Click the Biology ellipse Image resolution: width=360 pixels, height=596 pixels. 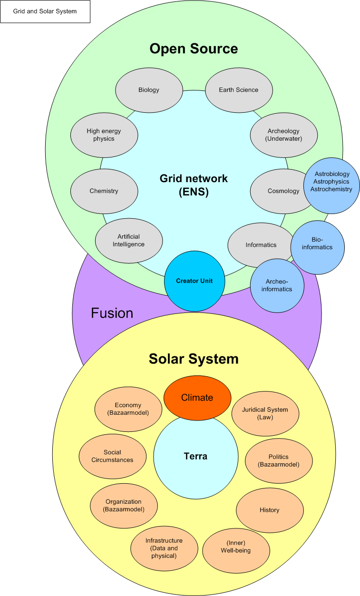click(x=149, y=90)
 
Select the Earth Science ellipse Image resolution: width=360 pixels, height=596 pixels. click(x=238, y=90)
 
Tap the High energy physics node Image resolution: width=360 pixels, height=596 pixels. click(x=104, y=135)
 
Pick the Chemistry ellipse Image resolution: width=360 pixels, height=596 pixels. click(x=104, y=191)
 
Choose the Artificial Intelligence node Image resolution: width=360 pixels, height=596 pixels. click(x=129, y=240)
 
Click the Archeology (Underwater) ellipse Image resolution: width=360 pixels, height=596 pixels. click(x=284, y=135)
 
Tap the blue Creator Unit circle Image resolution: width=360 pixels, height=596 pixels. click(x=195, y=281)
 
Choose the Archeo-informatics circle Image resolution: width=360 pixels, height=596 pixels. click(x=277, y=285)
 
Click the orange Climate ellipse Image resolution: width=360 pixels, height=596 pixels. click(x=197, y=397)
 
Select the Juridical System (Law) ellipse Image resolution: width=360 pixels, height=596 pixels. click(x=265, y=413)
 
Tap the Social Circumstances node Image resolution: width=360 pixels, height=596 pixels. click(x=112, y=456)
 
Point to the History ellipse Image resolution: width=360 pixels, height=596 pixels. click(x=270, y=510)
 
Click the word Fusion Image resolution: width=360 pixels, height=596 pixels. click(x=112, y=313)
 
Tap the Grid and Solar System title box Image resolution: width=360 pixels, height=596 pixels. click(x=45, y=11)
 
